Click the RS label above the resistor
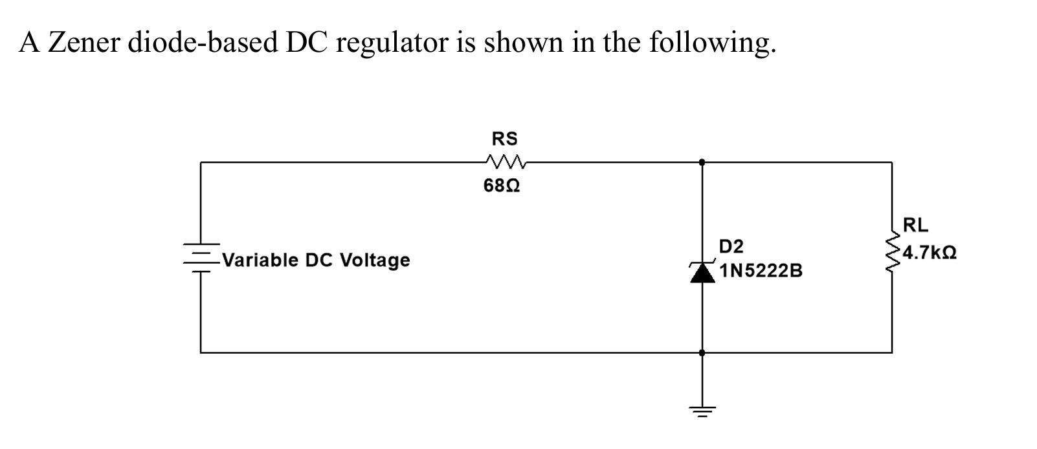504,139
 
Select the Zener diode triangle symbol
702,273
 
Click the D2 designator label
732,246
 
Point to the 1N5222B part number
761,270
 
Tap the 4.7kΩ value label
930,252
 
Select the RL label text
915,225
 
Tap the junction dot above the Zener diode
702,162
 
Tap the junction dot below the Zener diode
702,352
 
